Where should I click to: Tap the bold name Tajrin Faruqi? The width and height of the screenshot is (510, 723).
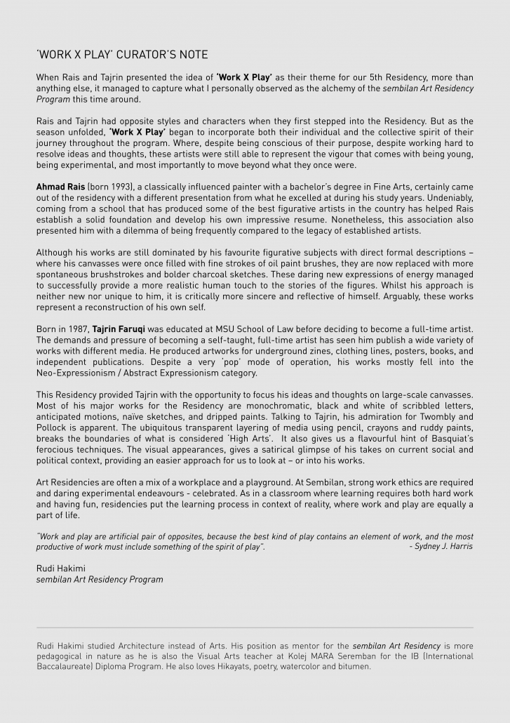(119, 329)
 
